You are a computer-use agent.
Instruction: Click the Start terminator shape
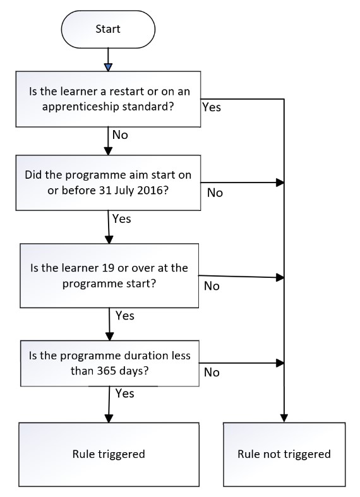pyautogui.click(x=108, y=29)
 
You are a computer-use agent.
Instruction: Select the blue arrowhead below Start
pyautogui.click(x=109, y=67)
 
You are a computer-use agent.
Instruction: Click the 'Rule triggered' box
pyautogui.click(x=109, y=454)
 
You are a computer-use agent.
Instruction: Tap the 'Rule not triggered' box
pyautogui.click(x=284, y=454)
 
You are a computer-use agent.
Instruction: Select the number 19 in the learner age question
pyautogui.click(x=108, y=268)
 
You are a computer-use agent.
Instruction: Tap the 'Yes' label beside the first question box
pyautogui.click(x=212, y=107)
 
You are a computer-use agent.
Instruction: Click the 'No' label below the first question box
pyautogui.click(x=120, y=135)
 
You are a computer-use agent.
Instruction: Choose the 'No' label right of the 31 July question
pyautogui.click(x=215, y=193)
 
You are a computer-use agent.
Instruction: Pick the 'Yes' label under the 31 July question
pyautogui.click(x=122, y=219)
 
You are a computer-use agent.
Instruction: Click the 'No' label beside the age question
pyautogui.click(x=212, y=286)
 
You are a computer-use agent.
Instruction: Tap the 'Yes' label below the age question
pyautogui.click(x=125, y=316)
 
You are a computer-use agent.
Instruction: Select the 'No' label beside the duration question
pyautogui.click(x=212, y=372)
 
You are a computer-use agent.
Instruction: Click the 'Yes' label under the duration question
pyautogui.click(x=125, y=393)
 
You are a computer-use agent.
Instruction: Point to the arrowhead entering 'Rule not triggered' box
pyautogui.click(x=284, y=419)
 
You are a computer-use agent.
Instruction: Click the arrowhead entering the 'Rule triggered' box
pyautogui.click(x=109, y=419)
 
